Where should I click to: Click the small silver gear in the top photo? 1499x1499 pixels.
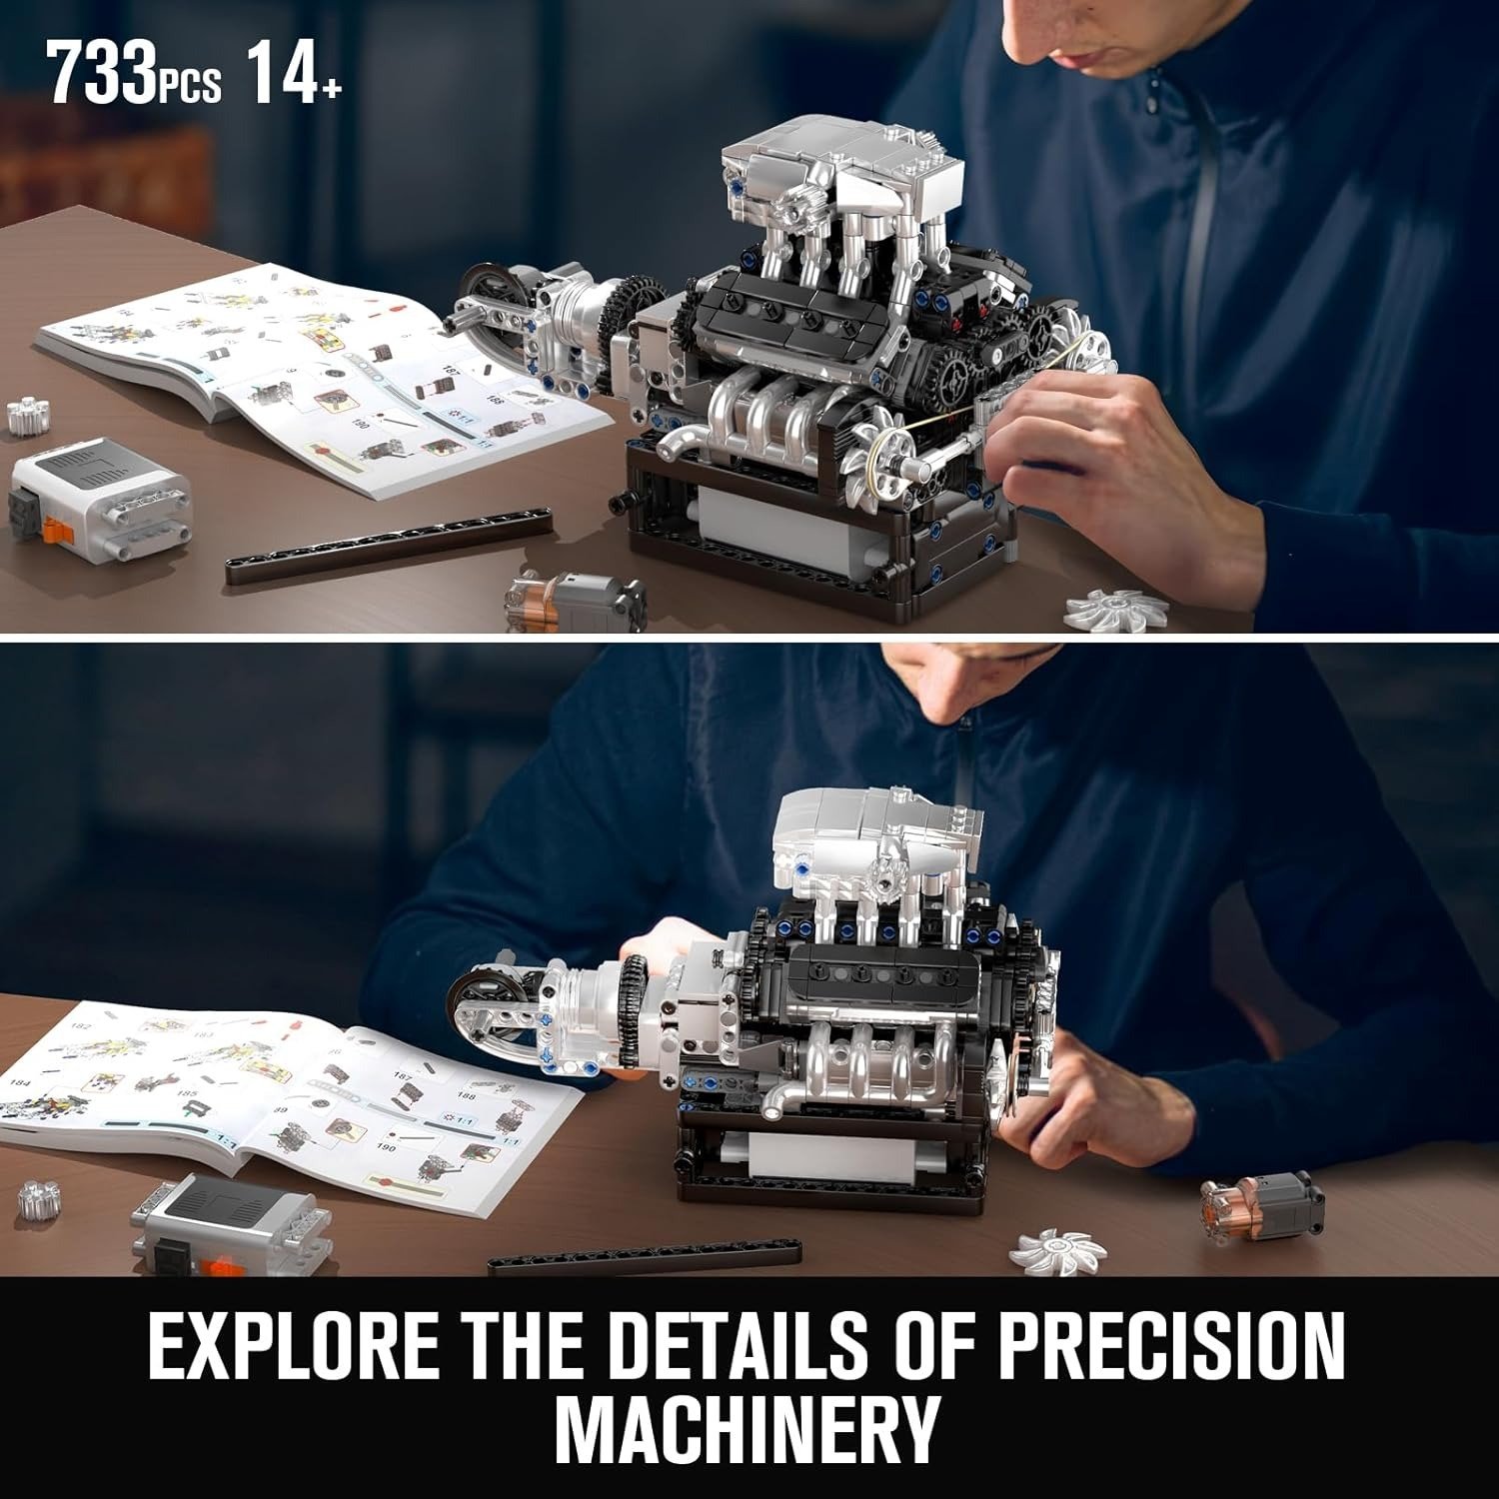click(29, 416)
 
